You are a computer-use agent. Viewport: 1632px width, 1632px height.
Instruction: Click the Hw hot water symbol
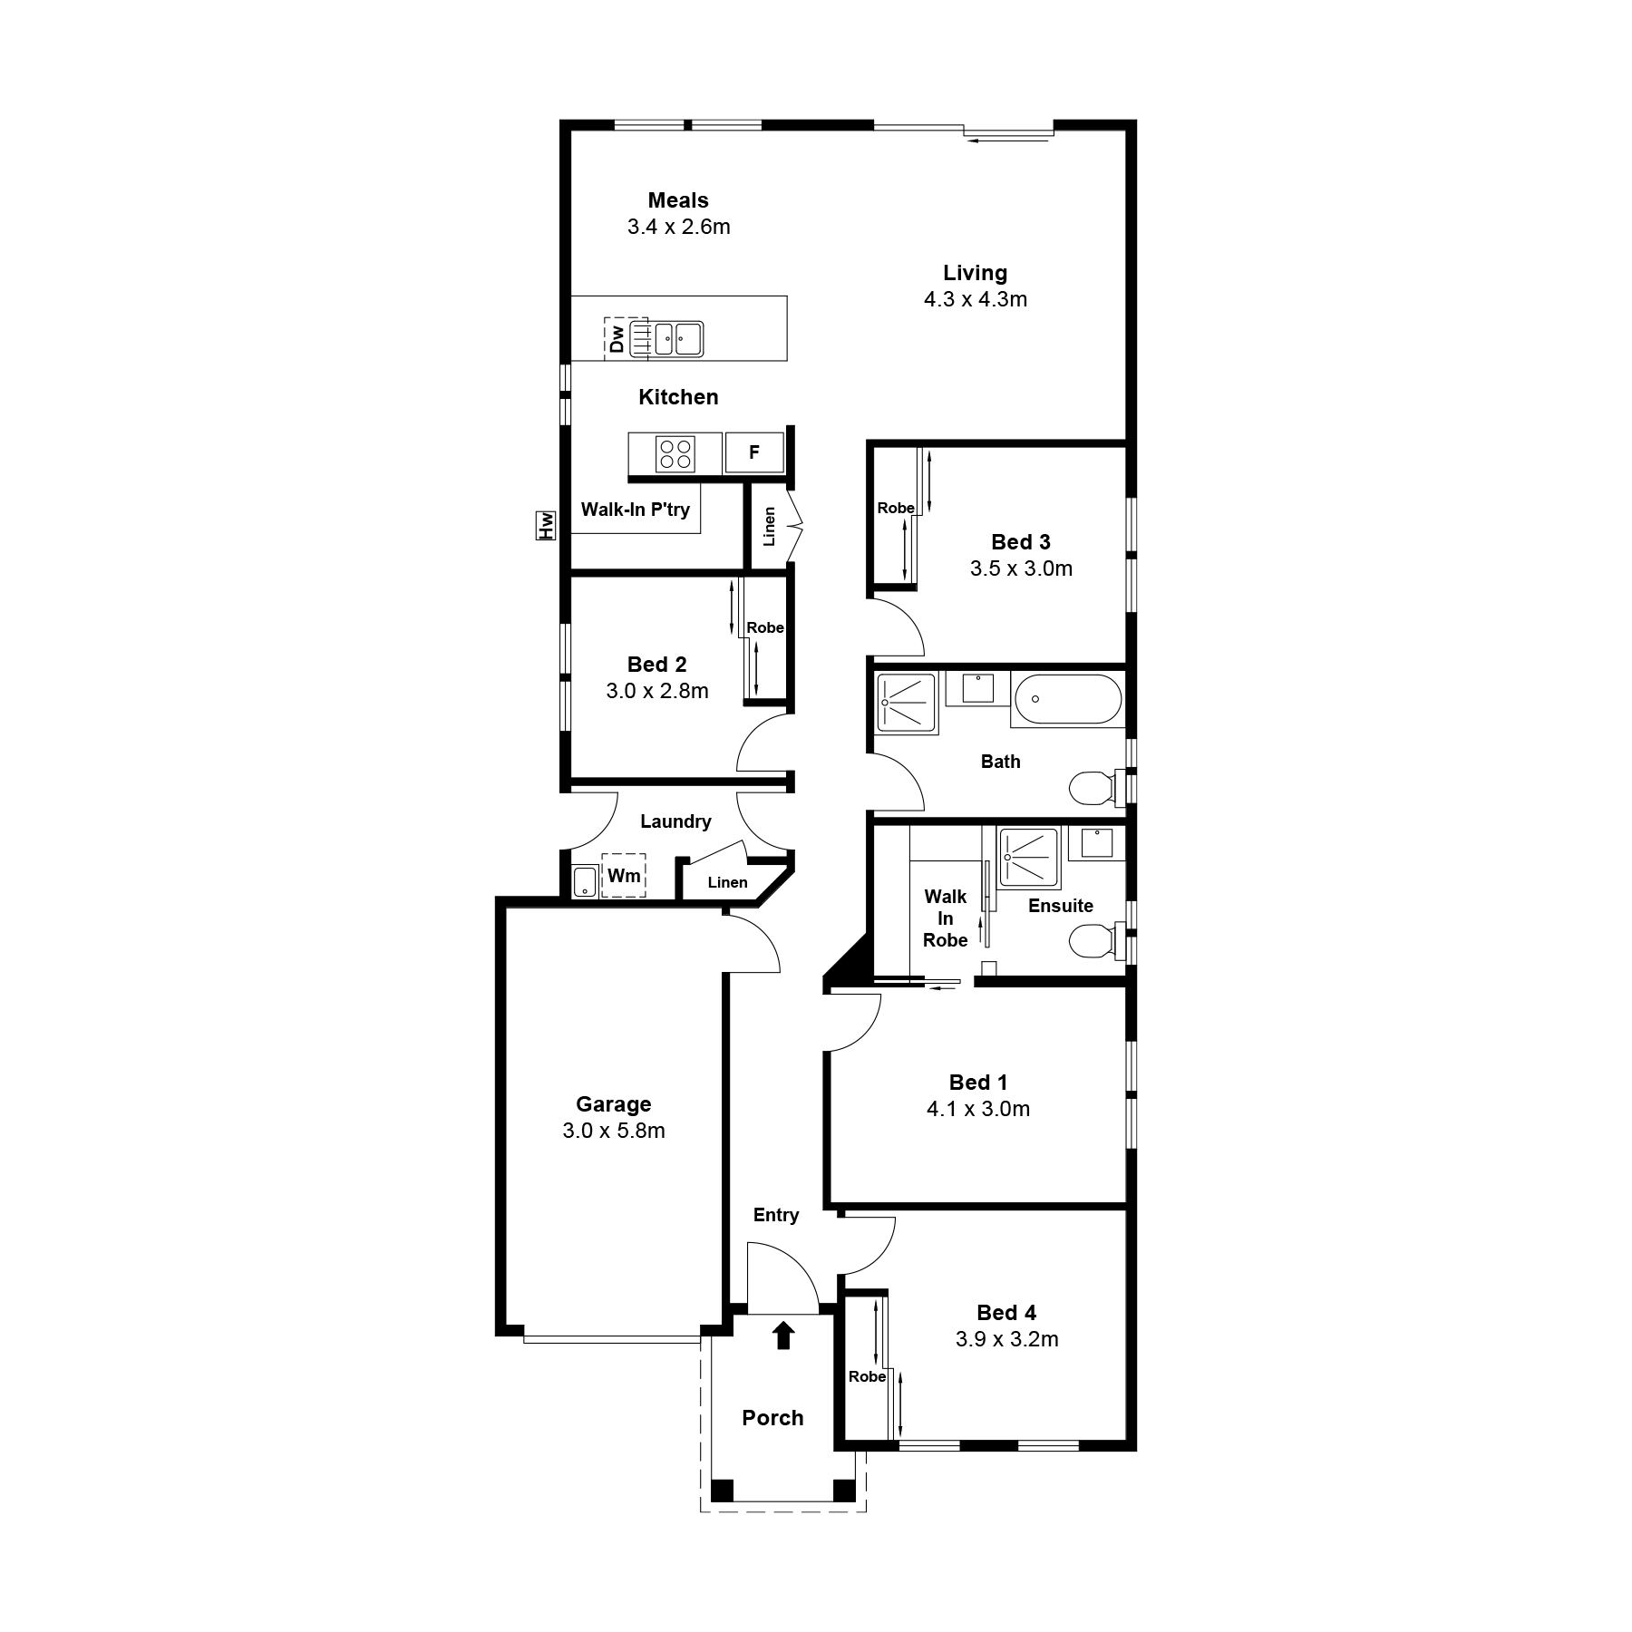click(x=546, y=525)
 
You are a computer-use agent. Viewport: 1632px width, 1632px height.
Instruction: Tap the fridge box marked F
click(x=754, y=452)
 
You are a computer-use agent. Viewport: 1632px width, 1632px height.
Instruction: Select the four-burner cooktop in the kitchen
click(x=675, y=453)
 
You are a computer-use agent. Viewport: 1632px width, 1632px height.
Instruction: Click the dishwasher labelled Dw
click(x=627, y=338)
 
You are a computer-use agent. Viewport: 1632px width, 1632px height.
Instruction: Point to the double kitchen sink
click(x=678, y=339)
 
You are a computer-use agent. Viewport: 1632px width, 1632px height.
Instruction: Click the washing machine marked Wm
click(x=624, y=875)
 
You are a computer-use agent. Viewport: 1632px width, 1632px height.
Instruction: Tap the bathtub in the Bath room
click(x=1068, y=699)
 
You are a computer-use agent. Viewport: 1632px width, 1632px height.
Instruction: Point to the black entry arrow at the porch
click(x=783, y=1335)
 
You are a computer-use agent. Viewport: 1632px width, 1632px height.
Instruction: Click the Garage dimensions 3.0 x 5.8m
click(x=614, y=1131)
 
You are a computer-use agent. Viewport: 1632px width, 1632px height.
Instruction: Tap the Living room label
click(x=975, y=273)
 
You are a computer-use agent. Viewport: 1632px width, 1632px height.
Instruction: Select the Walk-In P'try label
click(x=636, y=510)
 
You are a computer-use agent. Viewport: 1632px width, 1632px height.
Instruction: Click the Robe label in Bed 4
click(x=867, y=1376)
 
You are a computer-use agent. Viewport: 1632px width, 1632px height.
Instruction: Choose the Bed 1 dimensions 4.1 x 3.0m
click(x=978, y=1109)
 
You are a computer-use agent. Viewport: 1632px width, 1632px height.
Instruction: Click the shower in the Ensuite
click(x=1029, y=858)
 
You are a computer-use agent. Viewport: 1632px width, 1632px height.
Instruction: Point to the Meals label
click(x=678, y=200)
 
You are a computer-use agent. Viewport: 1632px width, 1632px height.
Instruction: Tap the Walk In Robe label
click(x=946, y=918)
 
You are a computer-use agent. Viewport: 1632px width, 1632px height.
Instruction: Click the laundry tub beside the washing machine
click(x=584, y=881)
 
